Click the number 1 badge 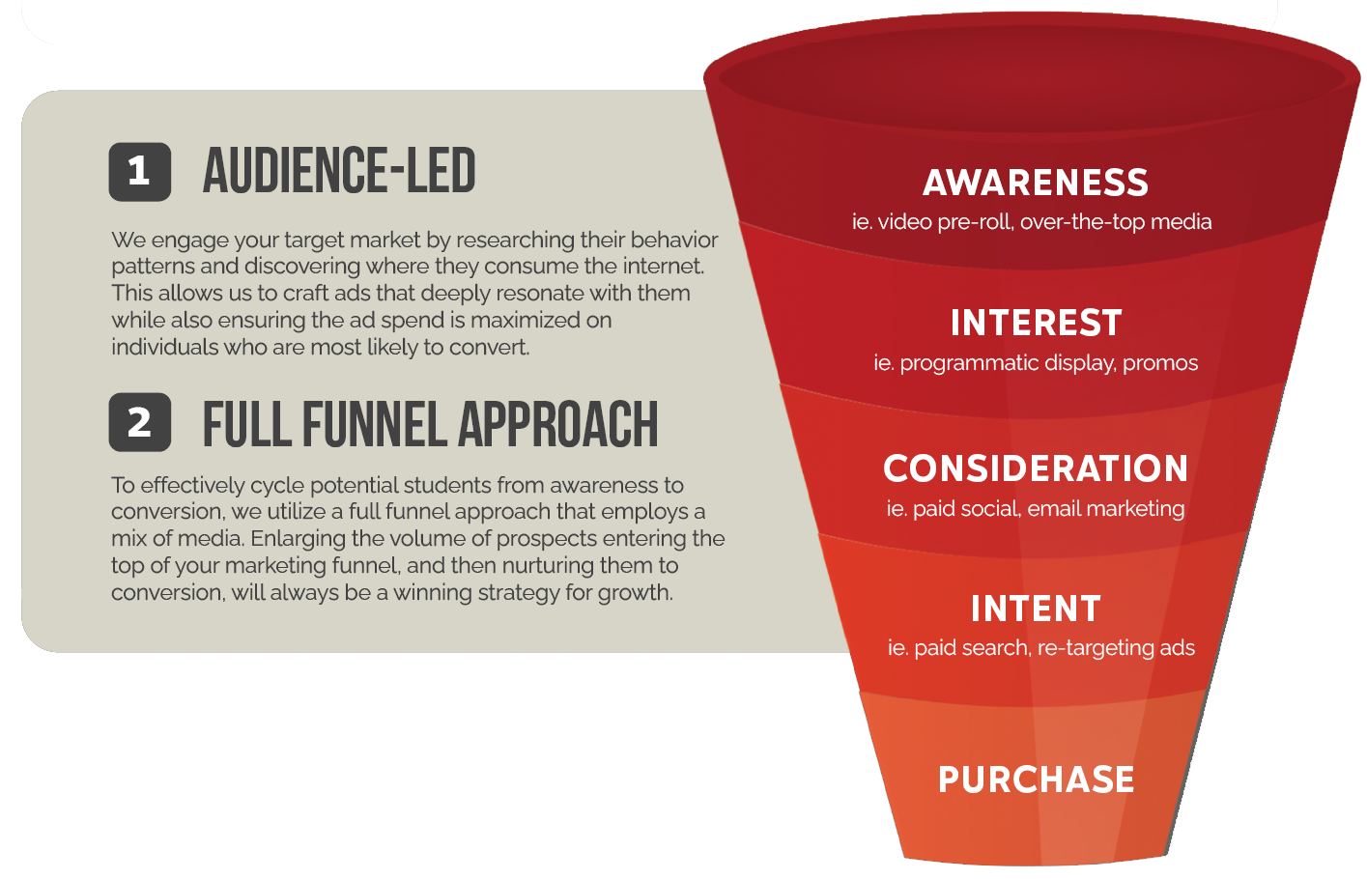140,172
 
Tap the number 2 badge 140,422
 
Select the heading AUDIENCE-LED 339,171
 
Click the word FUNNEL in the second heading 375,425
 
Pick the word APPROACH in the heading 558,425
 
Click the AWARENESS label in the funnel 1035,183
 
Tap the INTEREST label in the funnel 1036,323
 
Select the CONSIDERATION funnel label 1036,468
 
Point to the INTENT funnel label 1036,609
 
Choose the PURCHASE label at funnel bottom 1037,780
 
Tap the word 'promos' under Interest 1160,363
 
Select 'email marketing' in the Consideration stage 1106,509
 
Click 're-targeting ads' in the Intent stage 1116,648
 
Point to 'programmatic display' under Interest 1009,363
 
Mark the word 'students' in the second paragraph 447,486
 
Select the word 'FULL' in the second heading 247,425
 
